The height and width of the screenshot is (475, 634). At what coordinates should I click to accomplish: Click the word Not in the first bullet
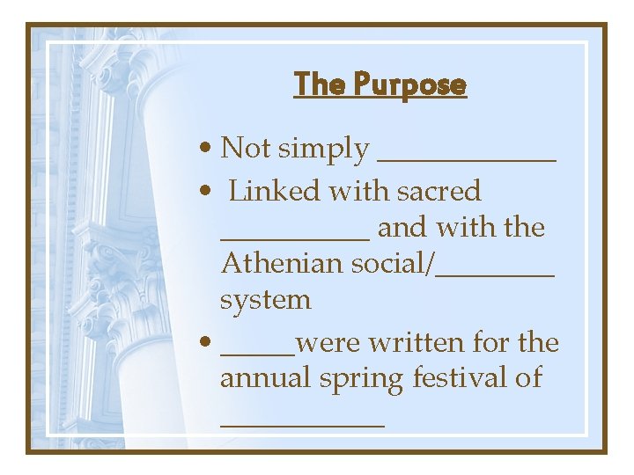point(246,148)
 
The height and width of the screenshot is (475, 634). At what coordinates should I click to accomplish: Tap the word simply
point(323,150)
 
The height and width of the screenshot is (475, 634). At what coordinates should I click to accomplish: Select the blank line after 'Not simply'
point(467,158)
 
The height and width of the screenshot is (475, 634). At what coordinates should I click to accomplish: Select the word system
point(265,301)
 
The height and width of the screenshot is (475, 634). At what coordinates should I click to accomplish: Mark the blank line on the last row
point(302,425)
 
